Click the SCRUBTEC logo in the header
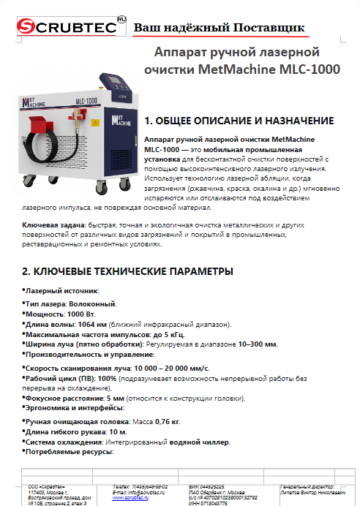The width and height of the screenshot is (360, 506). pos(65,27)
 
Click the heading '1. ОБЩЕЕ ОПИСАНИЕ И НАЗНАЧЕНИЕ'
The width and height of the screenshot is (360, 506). pos(239,121)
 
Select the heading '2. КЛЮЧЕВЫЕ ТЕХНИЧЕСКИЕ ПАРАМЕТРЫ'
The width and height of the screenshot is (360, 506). pos(128,271)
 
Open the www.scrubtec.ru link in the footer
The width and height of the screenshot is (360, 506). pos(129,498)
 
